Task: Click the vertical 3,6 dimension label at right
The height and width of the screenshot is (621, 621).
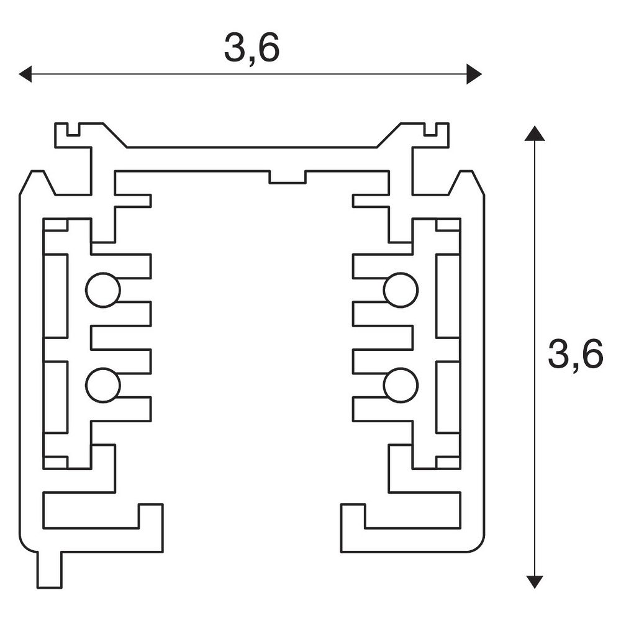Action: coord(575,355)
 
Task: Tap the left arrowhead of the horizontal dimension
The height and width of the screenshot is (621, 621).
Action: coord(25,75)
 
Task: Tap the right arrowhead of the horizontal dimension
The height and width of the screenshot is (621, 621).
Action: coord(474,75)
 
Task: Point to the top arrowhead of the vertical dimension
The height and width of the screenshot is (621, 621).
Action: coord(535,133)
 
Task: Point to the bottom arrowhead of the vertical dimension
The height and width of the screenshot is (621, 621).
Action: coord(535,581)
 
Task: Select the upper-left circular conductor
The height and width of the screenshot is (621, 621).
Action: coord(102,290)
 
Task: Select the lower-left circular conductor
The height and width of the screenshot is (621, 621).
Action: coord(102,385)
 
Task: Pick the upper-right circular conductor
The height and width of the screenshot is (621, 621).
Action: coord(401,290)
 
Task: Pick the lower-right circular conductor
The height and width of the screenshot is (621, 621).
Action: coord(401,385)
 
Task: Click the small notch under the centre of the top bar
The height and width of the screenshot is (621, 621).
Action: coord(288,178)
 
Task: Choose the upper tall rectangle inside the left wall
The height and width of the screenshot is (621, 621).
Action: coord(55,296)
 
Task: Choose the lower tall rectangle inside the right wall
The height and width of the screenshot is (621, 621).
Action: coord(448,396)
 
